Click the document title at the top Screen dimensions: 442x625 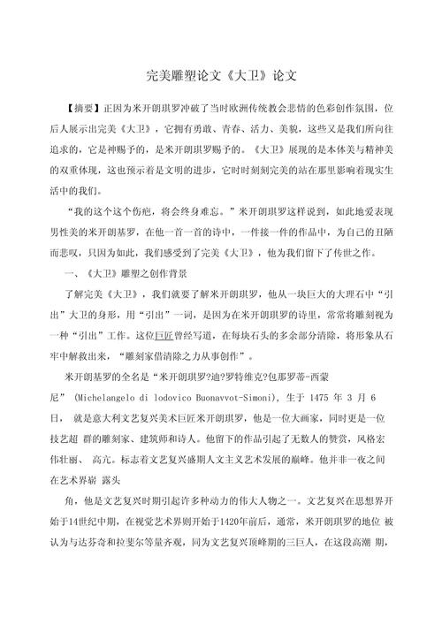coord(221,78)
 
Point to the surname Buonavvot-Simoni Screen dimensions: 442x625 coord(241,400)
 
